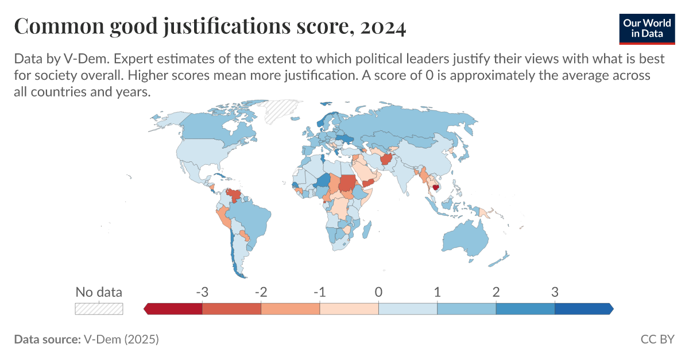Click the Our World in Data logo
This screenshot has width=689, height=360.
click(647, 27)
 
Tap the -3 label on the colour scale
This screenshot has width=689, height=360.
click(202, 292)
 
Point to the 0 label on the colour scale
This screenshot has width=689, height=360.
click(378, 292)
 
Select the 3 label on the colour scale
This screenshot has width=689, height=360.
click(555, 292)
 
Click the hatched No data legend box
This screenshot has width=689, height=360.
click(99, 308)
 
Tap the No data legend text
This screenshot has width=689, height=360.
click(99, 292)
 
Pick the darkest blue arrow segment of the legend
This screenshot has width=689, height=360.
click(583, 308)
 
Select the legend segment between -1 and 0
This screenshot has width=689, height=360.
click(349, 308)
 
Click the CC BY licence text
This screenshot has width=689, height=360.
click(657, 339)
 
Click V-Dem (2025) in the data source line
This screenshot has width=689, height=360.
click(121, 339)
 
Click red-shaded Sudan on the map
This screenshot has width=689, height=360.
click(347, 183)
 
